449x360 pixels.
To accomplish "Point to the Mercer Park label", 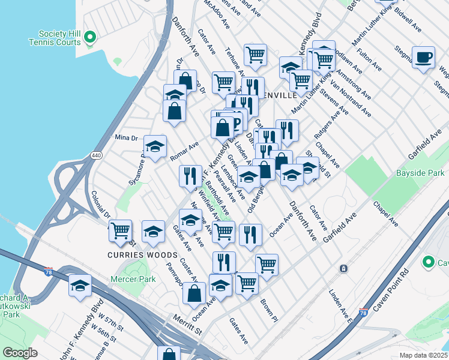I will [133, 279].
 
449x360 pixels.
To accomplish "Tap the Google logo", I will [20, 353].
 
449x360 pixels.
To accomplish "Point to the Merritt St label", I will [185, 326].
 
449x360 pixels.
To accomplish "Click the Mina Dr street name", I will [126, 137].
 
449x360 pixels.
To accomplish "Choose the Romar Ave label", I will [184, 154].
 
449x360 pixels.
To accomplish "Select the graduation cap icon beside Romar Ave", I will [155, 146].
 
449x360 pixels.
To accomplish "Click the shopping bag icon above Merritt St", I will [194, 293].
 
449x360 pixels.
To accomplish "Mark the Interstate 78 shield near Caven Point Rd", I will [363, 312].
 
